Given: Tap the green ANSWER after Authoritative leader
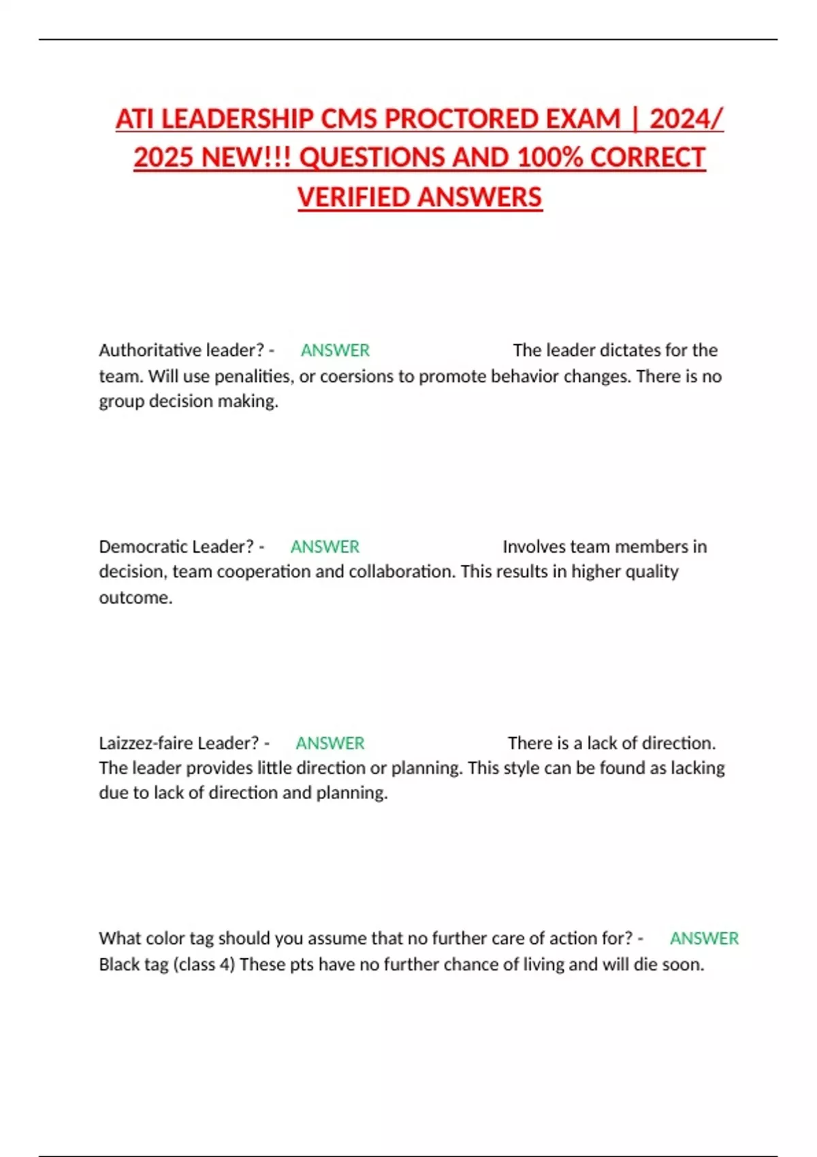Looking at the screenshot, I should (x=335, y=351).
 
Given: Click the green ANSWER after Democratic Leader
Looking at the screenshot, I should (x=325, y=547).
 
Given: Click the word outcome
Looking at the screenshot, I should (x=135, y=598).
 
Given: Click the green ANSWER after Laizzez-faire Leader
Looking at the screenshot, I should (x=330, y=743).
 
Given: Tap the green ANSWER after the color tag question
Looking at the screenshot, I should (x=704, y=939).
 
